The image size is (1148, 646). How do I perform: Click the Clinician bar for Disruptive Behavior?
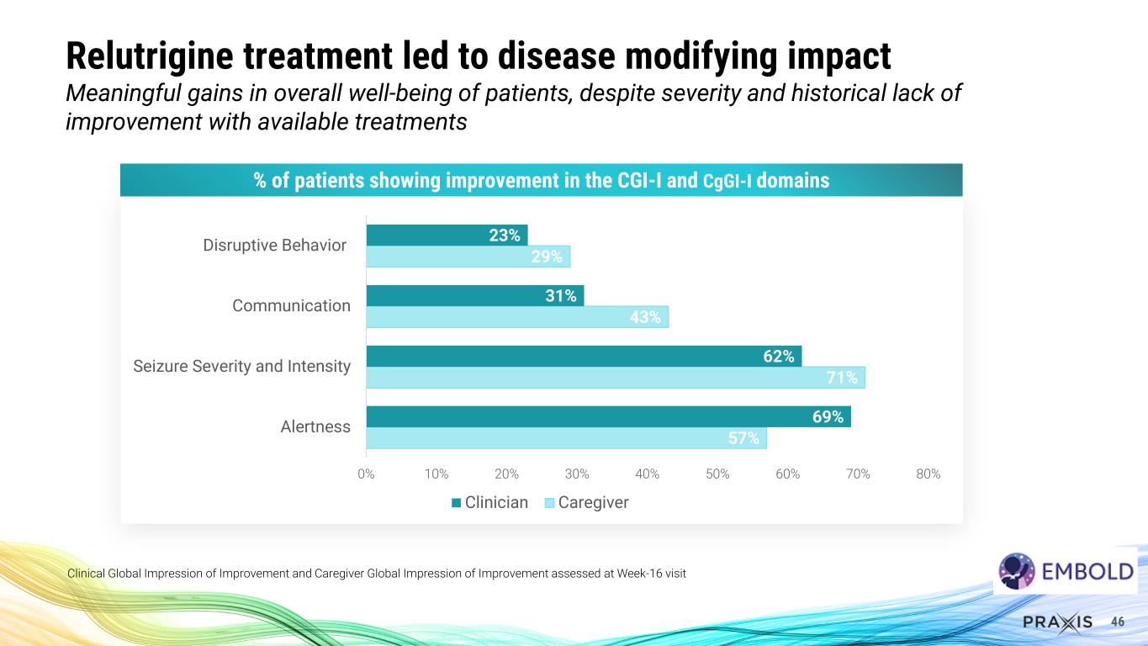point(447,235)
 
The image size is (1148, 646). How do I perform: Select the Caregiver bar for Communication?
point(516,317)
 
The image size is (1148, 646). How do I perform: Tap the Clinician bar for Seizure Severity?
point(583,357)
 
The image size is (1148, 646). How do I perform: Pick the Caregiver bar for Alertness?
point(565,438)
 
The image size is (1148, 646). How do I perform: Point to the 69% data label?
point(828,416)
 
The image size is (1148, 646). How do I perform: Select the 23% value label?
point(505,236)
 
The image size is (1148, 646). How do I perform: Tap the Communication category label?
point(291,305)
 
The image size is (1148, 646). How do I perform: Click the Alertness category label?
point(315,426)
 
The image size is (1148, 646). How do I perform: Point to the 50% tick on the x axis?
point(717,474)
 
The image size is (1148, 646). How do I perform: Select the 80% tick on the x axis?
point(928,474)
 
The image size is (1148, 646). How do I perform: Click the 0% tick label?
point(366,474)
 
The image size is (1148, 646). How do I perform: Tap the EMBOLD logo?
point(1066,571)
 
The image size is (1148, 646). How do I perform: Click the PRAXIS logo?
point(1058,622)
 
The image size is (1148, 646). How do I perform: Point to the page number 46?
point(1118,622)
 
